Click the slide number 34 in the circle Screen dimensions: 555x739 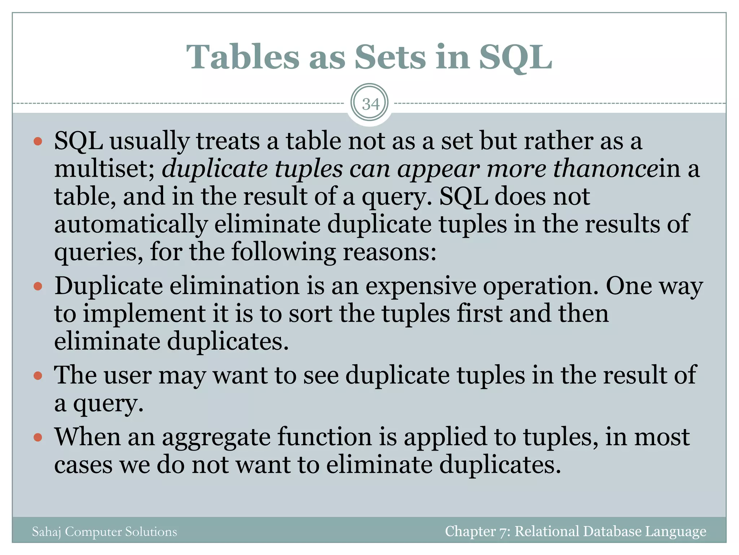(x=370, y=104)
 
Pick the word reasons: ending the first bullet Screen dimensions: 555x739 (x=389, y=252)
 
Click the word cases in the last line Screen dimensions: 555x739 (x=83, y=465)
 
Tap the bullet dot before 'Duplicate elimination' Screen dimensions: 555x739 (x=38, y=287)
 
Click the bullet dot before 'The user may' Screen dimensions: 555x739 (x=38, y=376)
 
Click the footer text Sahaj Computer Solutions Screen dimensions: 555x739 (x=104, y=532)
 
